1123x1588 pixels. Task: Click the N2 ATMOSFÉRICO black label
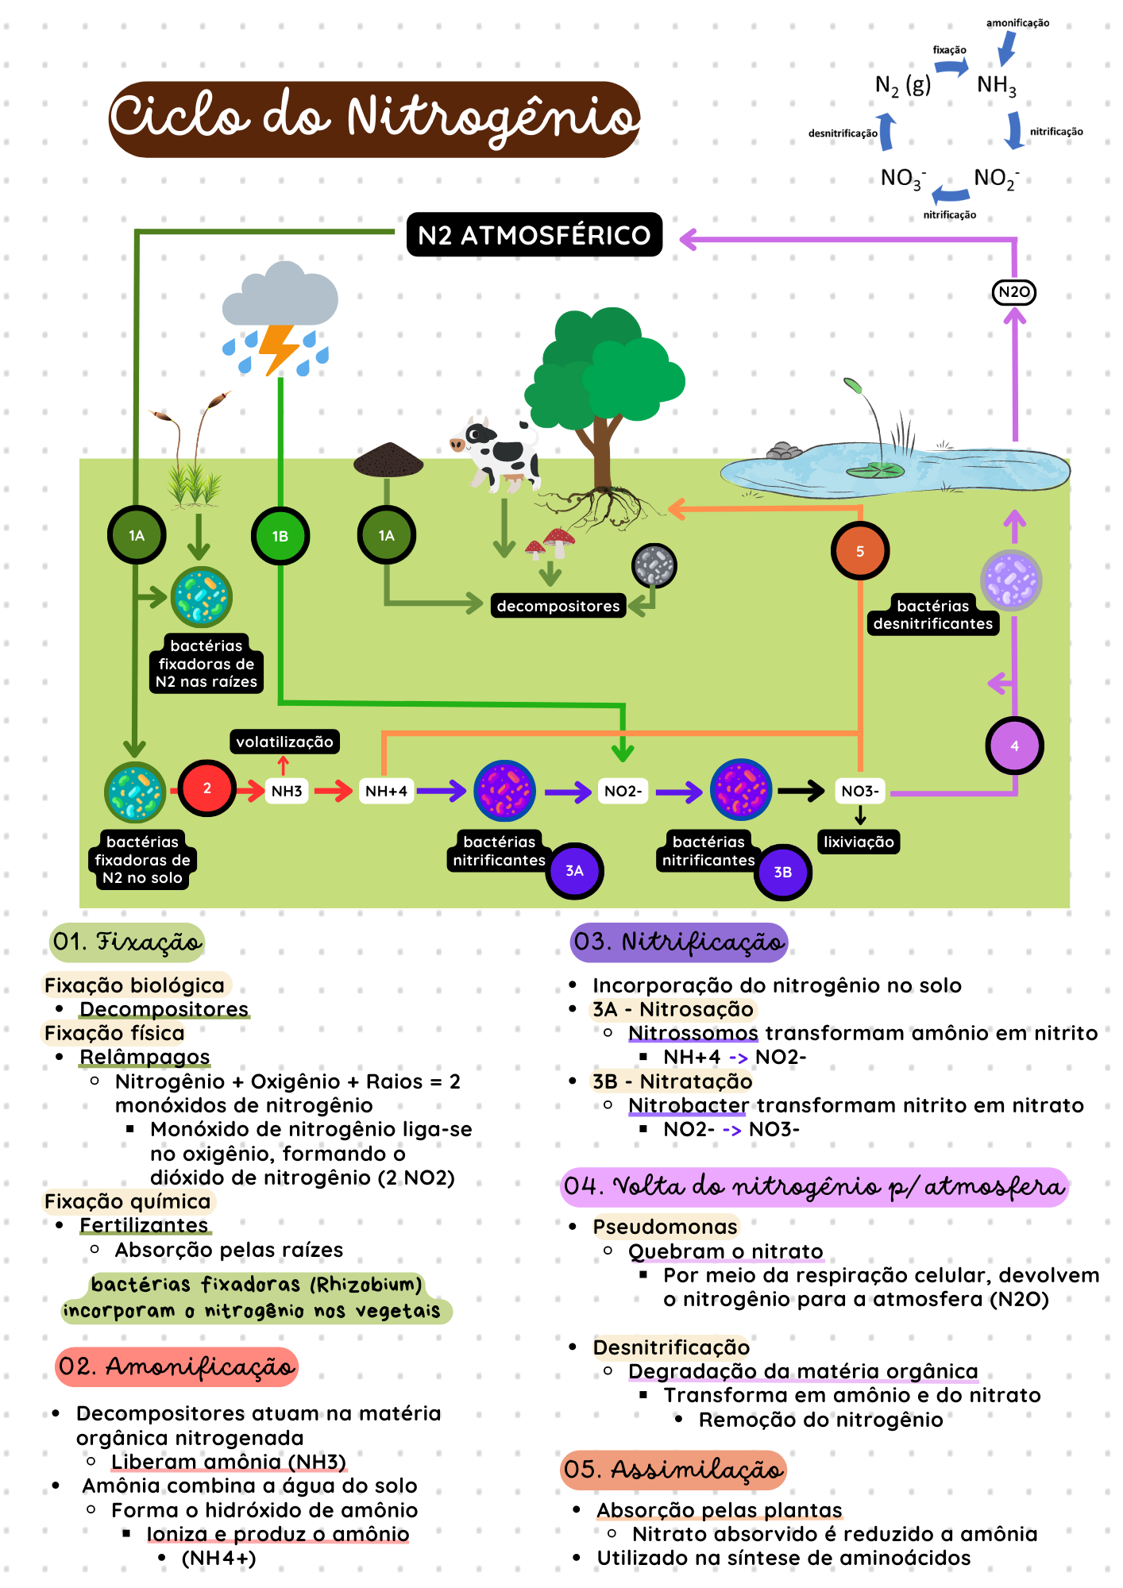point(534,235)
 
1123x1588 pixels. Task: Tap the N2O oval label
point(1014,292)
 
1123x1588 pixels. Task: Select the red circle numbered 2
point(206,788)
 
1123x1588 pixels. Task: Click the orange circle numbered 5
point(859,551)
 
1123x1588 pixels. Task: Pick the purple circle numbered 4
point(1014,746)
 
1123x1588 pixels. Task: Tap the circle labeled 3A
point(574,871)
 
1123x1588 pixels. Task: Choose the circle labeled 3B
point(782,872)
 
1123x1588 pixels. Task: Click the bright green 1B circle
point(280,536)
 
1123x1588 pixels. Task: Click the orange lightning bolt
point(278,347)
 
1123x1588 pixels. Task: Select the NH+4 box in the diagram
point(386,791)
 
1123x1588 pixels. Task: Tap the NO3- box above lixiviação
point(860,791)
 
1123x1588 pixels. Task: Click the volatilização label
point(284,742)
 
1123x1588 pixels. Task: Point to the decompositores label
point(558,606)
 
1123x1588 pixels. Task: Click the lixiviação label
point(859,842)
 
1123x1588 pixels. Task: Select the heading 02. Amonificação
point(176,1366)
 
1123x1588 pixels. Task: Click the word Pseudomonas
point(665,1227)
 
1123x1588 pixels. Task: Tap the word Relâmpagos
point(145,1057)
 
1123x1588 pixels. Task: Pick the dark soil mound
point(388,460)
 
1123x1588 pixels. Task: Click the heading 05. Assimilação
point(673,1470)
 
